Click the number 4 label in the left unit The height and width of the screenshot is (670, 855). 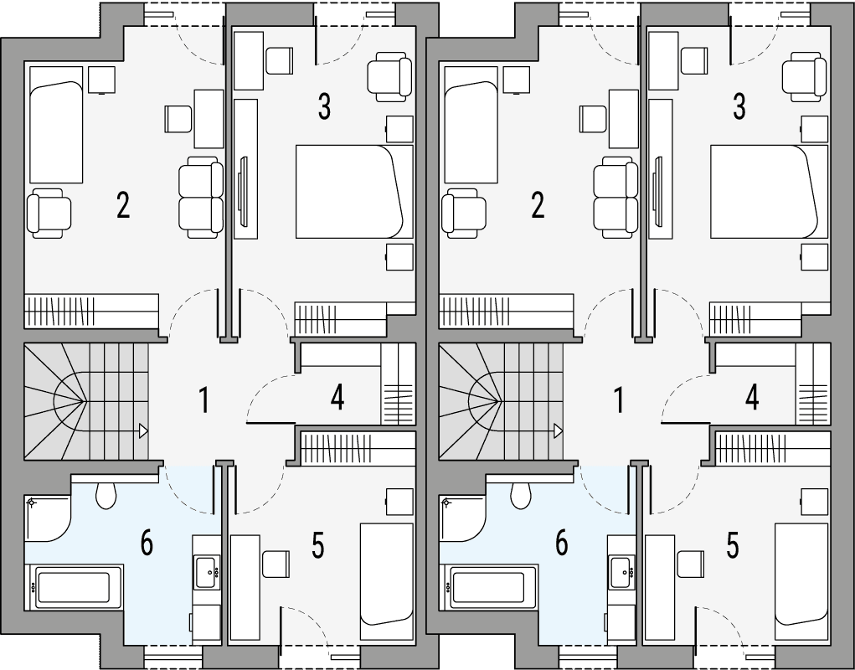(x=337, y=399)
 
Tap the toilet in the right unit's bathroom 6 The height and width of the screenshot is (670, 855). (x=521, y=495)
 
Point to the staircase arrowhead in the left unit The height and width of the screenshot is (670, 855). (x=144, y=430)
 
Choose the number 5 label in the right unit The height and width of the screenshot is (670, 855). (x=733, y=545)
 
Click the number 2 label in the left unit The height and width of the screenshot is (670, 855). (x=123, y=204)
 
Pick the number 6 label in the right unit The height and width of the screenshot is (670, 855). (x=561, y=543)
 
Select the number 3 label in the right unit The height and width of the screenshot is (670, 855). (x=739, y=106)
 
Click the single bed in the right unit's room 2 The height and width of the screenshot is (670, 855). (x=471, y=126)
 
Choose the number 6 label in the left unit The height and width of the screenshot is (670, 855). (x=147, y=543)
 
